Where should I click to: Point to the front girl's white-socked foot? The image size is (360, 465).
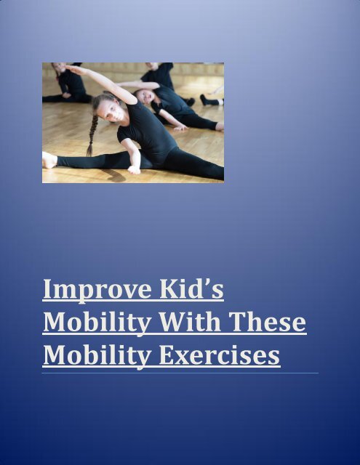click(x=49, y=160)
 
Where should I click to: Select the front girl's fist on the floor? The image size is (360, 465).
click(x=133, y=169)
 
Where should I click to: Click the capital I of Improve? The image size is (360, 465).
click(x=47, y=290)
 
